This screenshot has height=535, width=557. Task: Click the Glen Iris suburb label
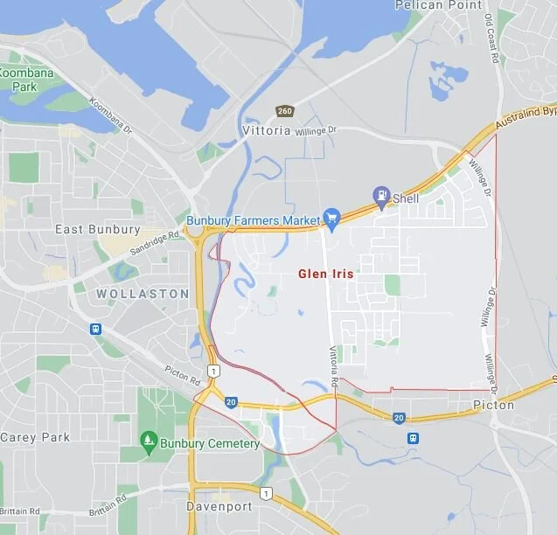point(326,274)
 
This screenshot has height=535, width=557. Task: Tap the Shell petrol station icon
point(381,196)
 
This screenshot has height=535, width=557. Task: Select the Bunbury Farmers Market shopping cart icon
point(331,216)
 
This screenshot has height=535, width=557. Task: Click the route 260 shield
point(284,111)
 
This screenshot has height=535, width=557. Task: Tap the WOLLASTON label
point(142,294)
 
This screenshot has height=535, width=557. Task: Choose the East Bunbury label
point(97,230)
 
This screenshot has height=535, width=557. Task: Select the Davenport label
point(219,507)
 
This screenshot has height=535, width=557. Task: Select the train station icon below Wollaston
point(94,330)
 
